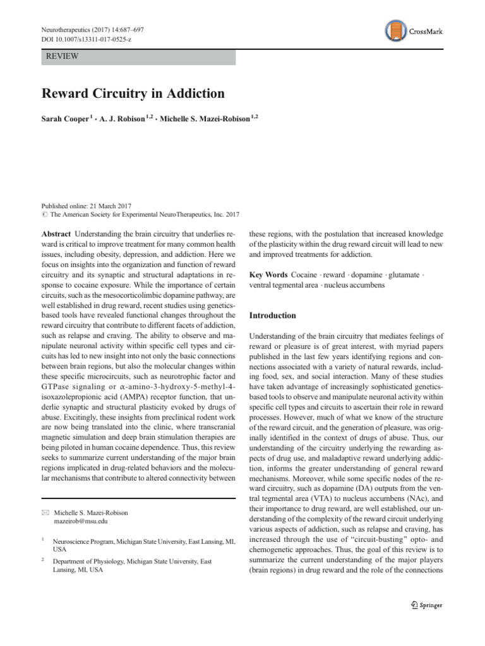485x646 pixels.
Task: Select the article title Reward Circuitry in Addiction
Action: (133, 93)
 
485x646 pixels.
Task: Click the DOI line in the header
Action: (87, 40)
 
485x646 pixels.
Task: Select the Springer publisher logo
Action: (422, 605)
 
